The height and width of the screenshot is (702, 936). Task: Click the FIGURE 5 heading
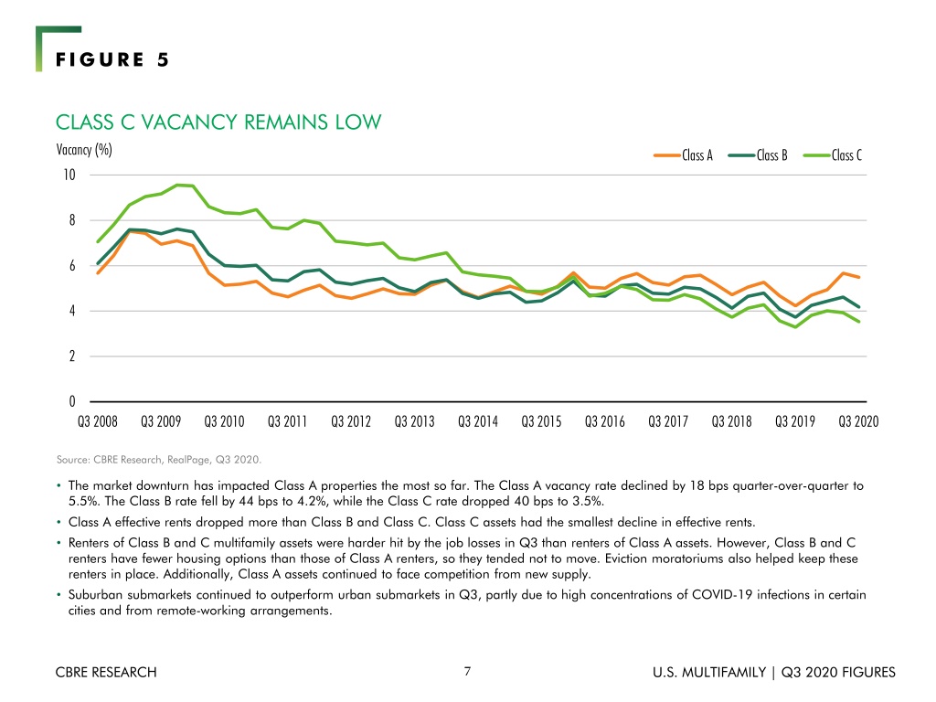tap(112, 59)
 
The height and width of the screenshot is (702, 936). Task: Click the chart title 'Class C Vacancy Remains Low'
tap(218, 122)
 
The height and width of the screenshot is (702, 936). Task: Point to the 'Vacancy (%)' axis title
tap(84, 150)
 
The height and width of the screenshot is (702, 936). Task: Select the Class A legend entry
tap(684, 155)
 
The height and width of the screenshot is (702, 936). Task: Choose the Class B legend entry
tap(758, 155)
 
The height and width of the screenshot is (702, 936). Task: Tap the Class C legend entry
tap(833, 155)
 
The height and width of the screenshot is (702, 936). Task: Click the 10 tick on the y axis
tap(69, 175)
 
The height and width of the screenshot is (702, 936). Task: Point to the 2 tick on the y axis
tap(72, 356)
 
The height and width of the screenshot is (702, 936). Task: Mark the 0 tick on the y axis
tap(72, 402)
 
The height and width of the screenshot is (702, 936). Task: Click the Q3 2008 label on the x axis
tap(97, 422)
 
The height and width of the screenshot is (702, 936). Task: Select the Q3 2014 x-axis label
tap(478, 422)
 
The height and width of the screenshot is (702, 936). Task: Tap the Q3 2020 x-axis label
tap(858, 422)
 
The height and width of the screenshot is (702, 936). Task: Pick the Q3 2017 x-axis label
tap(668, 422)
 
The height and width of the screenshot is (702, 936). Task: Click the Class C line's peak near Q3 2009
tap(177, 185)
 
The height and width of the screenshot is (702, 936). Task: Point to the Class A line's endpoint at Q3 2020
tap(858, 277)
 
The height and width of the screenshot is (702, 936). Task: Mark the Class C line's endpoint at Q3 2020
tap(858, 322)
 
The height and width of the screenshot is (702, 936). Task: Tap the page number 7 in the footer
tap(467, 672)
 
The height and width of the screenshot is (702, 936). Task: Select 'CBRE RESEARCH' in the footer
tap(106, 672)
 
